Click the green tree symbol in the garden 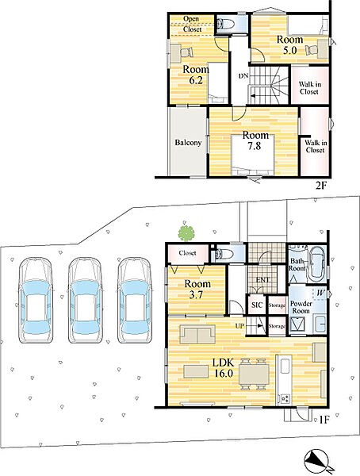click(x=186, y=233)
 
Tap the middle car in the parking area click(x=85, y=301)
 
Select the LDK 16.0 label click(x=224, y=367)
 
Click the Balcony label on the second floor click(x=188, y=142)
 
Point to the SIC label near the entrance click(x=257, y=305)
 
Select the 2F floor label click(x=321, y=185)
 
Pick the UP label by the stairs click(x=239, y=326)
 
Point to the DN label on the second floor click(x=243, y=76)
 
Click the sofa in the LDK click(x=197, y=334)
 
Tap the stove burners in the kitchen click(x=285, y=398)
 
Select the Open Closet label click(x=192, y=24)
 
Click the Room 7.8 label click(x=255, y=140)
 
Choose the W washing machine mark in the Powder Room click(x=320, y=294)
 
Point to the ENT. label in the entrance click(x=262, y=280)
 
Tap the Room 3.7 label click(x=197, y=289)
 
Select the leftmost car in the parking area click(x=36, y=301)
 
